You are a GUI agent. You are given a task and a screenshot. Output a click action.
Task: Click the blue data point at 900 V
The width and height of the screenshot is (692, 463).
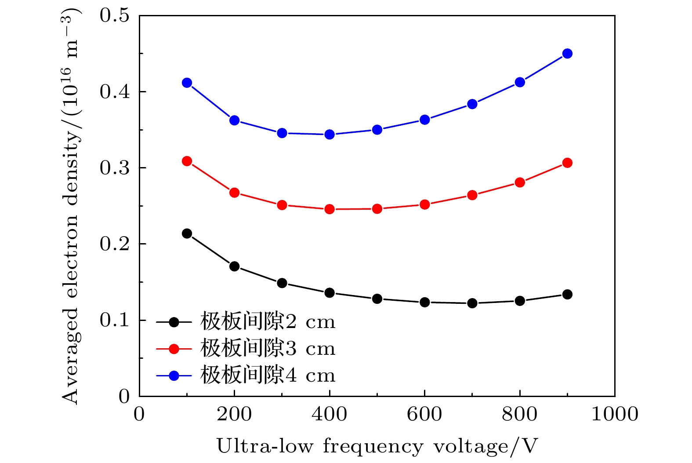point(567,54)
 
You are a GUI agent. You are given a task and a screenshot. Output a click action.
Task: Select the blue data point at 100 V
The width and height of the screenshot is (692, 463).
point(187,83)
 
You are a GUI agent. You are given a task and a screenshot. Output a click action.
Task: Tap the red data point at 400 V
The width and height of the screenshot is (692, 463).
point(330,209)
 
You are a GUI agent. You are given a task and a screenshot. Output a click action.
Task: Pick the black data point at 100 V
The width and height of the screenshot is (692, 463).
point(187,233)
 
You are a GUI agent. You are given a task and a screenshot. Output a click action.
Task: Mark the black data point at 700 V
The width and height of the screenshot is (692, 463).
point(472,303)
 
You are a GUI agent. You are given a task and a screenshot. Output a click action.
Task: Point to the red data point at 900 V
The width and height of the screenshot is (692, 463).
point(567,163)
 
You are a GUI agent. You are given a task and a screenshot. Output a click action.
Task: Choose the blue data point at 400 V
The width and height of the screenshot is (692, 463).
point(330,135)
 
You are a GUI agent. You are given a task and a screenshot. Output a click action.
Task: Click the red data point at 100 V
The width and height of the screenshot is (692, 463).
point(187,161)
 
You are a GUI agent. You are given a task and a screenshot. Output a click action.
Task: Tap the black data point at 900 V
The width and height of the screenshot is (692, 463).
point(567,295)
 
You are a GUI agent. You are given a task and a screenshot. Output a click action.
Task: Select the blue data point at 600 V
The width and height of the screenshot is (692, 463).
point(424,120)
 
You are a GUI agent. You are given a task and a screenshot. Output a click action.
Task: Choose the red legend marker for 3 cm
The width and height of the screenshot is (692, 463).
point(174,349)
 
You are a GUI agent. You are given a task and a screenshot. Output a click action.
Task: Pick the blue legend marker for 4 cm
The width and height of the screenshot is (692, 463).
point(174,376)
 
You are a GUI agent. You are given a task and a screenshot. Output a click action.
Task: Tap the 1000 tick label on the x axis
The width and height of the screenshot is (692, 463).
point(614,414)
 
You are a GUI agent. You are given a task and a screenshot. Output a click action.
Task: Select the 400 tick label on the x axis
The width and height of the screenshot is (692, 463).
point(330,414)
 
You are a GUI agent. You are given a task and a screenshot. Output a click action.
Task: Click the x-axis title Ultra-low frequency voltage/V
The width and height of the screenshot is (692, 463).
point(377,446)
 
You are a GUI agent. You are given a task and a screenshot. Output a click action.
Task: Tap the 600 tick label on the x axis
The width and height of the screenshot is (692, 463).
point(424,414)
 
